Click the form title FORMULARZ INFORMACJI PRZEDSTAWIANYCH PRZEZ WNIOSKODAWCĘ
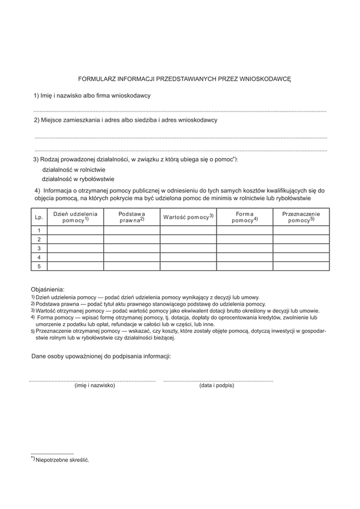[184, 79]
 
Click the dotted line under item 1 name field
[180, 112]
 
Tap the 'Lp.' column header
[39, 217]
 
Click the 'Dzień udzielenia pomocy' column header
[75, 217]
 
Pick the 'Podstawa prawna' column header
[131, 217]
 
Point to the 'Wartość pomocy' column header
[188, 216]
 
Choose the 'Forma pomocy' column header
[244, 217]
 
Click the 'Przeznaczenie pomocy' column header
[301, 217]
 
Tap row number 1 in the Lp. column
[39, 230]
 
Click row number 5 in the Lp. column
[39, 266]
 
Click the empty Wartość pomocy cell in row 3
[188, 248]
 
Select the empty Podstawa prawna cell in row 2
[131, 239]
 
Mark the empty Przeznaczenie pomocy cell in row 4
[301, 257]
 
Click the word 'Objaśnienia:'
[47, 289]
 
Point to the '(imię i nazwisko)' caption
[94, 385]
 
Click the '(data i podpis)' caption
[217, 385]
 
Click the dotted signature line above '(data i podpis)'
[218, 380]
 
